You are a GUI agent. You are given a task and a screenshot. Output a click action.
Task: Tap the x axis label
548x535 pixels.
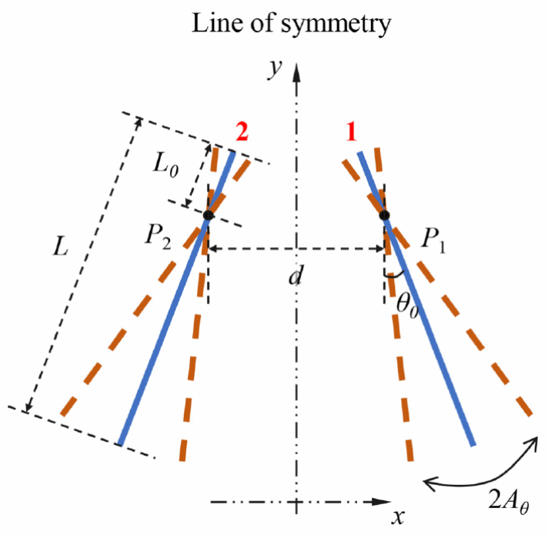click(398, 516)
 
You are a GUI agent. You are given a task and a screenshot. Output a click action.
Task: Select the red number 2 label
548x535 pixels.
click(242, 132)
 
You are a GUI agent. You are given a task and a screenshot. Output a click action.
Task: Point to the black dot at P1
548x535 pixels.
click(385, 215)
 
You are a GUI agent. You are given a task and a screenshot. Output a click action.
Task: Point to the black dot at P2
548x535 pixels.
click(208, 216)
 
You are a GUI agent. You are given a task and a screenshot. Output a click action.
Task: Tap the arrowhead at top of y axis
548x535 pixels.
click(296, 70)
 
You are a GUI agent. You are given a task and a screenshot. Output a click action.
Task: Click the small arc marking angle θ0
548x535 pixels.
click(394, 275)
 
